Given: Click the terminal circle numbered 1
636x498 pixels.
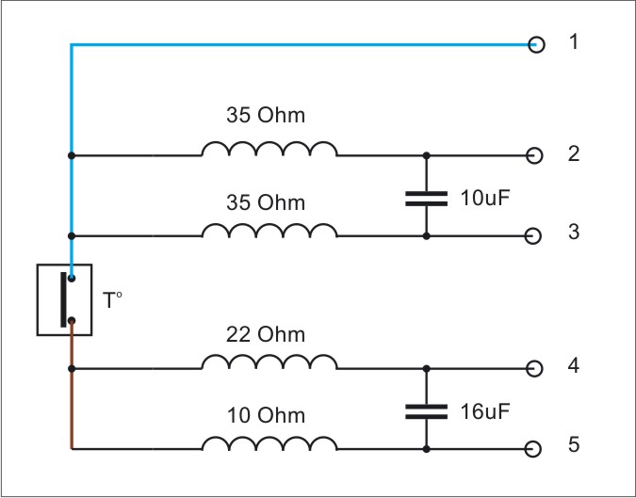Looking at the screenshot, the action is [x=536, y=44].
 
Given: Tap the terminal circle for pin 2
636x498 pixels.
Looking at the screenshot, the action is [x=534, y=155].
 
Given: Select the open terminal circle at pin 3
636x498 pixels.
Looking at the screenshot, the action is [x=533, y=236].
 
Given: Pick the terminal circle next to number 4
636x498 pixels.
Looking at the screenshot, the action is [x=534, y=369].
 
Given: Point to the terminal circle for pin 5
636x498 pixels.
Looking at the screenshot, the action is [x=533, y=449].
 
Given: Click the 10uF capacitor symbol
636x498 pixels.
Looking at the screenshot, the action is [x=426, y=199].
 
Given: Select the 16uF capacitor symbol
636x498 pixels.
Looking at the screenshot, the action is [x=426, y=411].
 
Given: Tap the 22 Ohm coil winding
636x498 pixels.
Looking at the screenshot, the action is [x=269, y=361].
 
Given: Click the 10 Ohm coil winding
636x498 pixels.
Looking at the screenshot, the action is [x=269, y=442].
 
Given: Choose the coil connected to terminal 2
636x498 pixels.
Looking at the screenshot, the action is [x=269, y=149].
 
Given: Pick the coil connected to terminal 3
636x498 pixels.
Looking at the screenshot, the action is [x=269, y=230].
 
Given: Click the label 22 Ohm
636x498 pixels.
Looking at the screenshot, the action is [x=266, y=335].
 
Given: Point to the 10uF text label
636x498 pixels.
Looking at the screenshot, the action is [x=484, y=198].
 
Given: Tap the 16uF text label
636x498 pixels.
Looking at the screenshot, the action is [x=484, y=411].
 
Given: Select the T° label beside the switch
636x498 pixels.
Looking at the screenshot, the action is [x=112, y=300].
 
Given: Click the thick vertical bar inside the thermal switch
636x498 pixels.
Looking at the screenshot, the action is [x=63, y=299].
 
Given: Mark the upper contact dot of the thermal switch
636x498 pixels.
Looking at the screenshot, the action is [x=72, y=279].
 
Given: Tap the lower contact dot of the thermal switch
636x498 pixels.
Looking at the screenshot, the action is [x=72, y=321].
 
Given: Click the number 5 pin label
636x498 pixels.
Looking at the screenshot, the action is [x=574, y=444].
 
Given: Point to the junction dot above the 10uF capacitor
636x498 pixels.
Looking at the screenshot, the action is [x=426, y=155].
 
